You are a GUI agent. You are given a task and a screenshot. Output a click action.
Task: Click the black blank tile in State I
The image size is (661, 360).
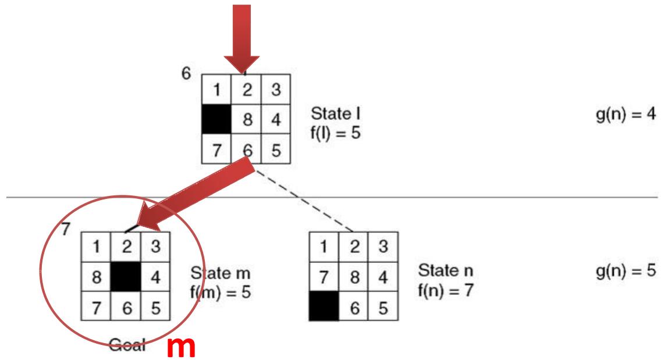(216, 119)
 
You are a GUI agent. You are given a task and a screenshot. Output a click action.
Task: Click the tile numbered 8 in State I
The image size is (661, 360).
(246, 119)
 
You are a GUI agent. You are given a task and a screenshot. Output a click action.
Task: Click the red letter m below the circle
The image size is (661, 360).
(180, 347)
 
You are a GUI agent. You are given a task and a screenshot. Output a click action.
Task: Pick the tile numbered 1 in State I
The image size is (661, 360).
(216, 90)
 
